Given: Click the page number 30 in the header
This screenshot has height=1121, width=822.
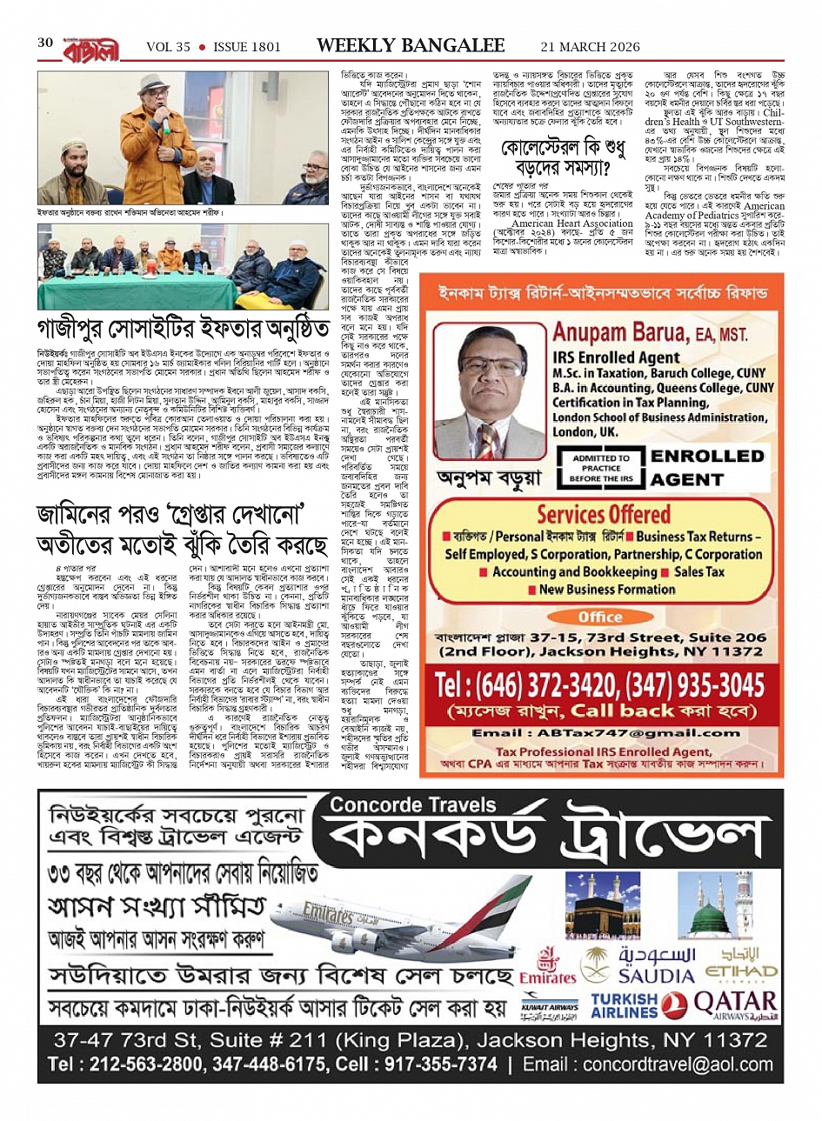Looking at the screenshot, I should coord(44,44).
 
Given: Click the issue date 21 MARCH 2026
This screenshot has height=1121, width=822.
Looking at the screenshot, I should coord(590,47).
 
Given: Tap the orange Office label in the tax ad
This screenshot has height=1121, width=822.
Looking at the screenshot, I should coord(599,617).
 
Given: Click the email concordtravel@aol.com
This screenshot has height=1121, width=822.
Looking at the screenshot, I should coord(665,1064).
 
